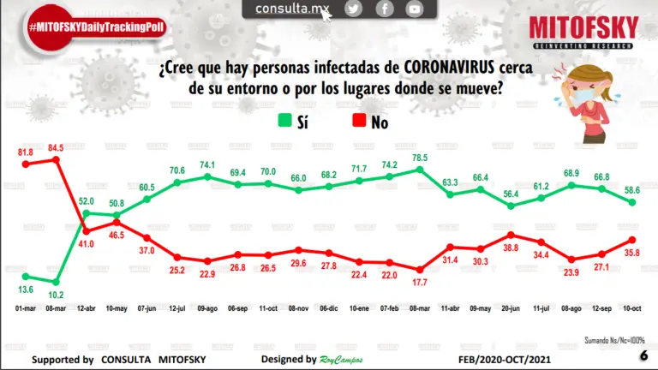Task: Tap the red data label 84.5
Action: (x=56, y=147)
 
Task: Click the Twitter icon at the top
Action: (x=354, y=9)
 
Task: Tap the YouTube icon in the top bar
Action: (x=415, y=9)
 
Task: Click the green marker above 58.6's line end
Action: (x=632, y=202)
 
